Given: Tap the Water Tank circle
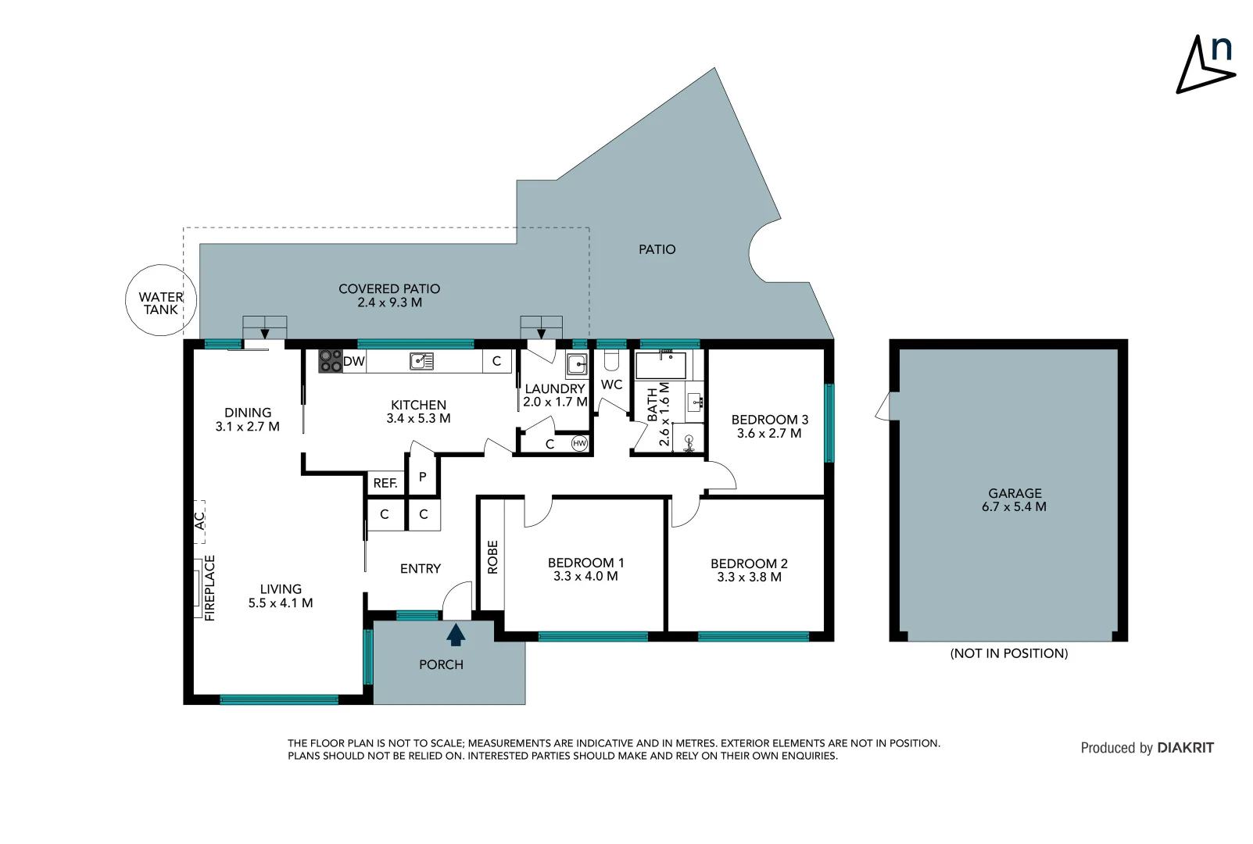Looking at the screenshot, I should [x=160, y=301].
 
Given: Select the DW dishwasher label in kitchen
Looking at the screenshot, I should [x=354, y=361].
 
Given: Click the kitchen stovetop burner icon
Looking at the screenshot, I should [x=330, y=361].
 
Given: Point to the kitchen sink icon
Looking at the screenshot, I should [x=422, y=361].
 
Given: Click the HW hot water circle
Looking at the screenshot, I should [x=579, y=443].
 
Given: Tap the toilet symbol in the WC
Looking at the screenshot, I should [x=611, y=359].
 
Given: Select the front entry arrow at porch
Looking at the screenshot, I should [x=456, y=635].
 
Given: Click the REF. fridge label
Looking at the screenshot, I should [x=385, y=483].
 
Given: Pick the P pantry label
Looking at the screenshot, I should [x=423, y=477].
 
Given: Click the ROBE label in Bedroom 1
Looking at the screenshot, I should [x=492, y=557].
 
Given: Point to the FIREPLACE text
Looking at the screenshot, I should [x=209, y=588].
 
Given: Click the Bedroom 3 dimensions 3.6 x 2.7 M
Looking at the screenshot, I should [x=769, y=433].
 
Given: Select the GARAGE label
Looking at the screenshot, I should [x=1015, y=493].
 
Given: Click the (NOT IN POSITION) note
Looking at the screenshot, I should [x=1008, y=653].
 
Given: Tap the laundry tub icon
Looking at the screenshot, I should [x=577, y=365].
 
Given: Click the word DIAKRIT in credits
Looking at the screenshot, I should [x=1185, y=748].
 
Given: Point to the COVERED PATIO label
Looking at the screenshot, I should [x=389, y=288].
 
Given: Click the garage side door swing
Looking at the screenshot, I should [x=883, y=406].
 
